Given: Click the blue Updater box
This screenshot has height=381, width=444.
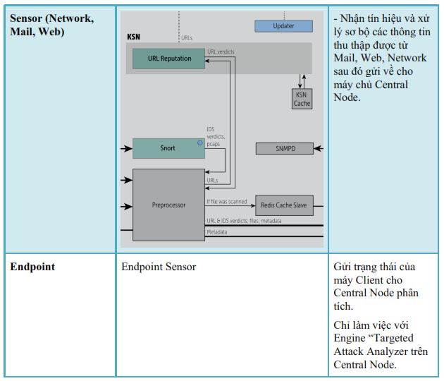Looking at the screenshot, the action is click(283, 26).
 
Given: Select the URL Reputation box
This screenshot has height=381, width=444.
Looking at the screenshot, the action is click(168, 59).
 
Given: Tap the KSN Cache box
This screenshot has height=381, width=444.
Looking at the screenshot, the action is click(302, 99).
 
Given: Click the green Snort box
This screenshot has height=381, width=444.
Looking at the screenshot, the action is click(168, 148).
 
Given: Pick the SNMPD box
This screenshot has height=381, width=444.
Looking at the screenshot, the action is click(285, 149).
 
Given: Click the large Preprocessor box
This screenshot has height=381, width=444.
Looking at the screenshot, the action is click(168, 205).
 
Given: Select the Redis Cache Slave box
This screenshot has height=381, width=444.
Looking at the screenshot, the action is click(284, 205).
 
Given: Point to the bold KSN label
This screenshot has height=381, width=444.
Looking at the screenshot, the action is click(133, 37).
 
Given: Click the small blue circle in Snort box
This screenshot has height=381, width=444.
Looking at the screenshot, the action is click(200, 143).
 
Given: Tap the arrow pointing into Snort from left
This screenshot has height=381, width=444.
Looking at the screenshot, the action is click(127, 148).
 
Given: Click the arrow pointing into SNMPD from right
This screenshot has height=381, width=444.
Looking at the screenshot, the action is click(319, 149).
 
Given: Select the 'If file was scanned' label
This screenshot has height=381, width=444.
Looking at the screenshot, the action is click(227, 202).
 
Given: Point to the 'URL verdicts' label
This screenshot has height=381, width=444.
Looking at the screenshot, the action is click(221, 52).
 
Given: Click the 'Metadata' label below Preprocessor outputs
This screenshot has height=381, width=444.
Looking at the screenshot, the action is click(217, 232).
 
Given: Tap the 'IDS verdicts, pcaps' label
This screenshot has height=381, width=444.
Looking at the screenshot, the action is click(216, 137).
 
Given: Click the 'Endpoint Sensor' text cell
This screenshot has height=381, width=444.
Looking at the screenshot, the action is click(159, 267).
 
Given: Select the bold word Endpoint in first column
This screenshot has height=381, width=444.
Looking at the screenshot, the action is click(32, 267).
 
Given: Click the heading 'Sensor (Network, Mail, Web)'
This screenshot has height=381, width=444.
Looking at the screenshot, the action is click(52, 25).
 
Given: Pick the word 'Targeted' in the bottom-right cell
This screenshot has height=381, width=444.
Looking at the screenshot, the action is click(393, 338).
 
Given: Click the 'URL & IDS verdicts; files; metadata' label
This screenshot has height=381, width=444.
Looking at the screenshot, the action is click(244, 221).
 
